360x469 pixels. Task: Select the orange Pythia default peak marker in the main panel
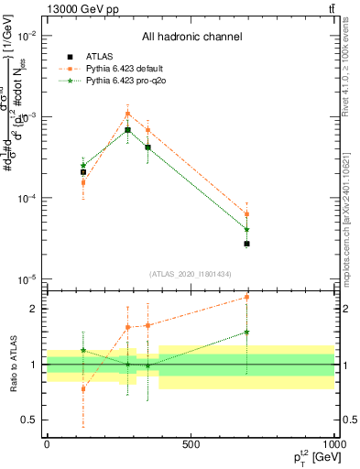click(x=127, y=114)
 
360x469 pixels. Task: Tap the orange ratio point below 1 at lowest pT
click(x=83, y=389)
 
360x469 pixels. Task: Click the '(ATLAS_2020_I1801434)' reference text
click(x=191, y=274)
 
